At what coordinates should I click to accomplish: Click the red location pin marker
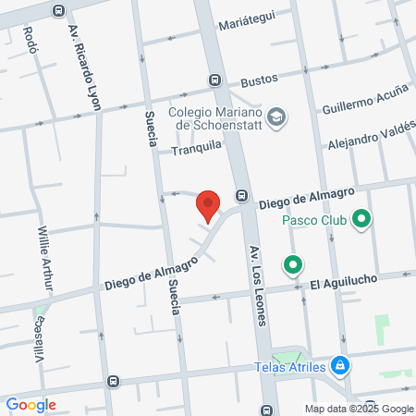(209, 205)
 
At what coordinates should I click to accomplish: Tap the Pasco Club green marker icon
(361, 220)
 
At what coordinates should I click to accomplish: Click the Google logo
(31, 405)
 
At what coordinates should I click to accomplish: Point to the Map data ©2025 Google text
(360, 409)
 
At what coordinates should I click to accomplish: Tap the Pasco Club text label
(313, 221)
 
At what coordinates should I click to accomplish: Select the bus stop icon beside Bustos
(214, 80)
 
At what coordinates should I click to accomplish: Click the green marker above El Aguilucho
(294, 265)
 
